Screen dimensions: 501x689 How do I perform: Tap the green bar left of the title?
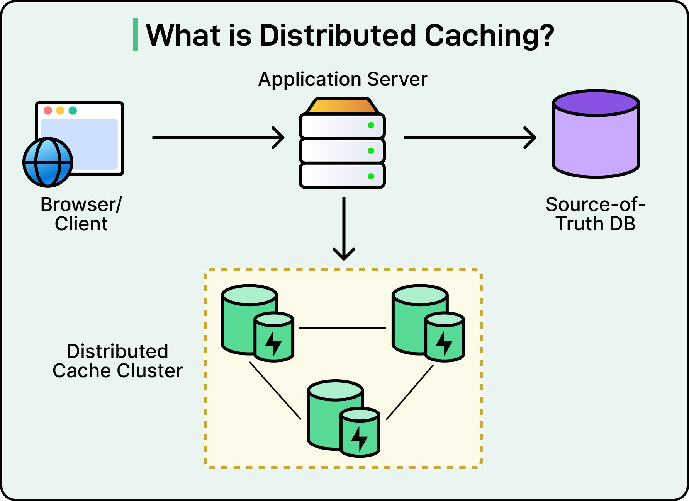coord(136,34)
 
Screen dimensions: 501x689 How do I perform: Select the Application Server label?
coord(343,79)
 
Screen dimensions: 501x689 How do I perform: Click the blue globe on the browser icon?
coord(48,162)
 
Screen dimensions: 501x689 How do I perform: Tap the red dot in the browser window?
coord(48,111)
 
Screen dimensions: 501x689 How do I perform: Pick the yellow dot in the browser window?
coord(60,111)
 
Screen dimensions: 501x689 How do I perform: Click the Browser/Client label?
coord(81,214)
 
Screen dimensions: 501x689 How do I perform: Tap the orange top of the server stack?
coord(342,105)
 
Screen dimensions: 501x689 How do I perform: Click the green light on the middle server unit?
coord(371,151)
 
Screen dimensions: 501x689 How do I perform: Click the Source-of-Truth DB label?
coord(596,214)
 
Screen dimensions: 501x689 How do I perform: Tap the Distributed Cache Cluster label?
coord(117,361)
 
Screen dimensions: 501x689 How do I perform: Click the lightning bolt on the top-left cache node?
coord(273,343)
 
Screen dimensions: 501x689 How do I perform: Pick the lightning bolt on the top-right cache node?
coord(444,343)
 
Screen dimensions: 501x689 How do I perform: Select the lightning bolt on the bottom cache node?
coord(359,438)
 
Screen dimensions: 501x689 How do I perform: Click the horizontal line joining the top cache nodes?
coord(343,328)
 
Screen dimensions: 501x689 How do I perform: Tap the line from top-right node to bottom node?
coord(410,392)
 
